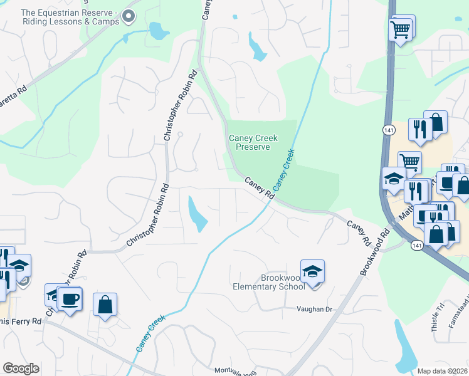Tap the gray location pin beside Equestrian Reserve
tap(129, 17)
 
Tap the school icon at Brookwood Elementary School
tap(312, 271)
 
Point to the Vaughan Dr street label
tap(314, 310)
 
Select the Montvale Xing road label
tap(236, 370)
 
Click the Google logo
tap(21, 368)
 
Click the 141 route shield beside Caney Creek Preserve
tap(388, 129)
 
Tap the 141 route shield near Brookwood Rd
tap(417, 245)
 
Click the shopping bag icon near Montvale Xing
tap(105, 305)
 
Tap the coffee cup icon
tap(69, 298)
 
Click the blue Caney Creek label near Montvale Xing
tap(147, 337)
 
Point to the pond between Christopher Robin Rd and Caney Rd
tap(197, 213)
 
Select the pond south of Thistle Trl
tap(406, 350)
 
